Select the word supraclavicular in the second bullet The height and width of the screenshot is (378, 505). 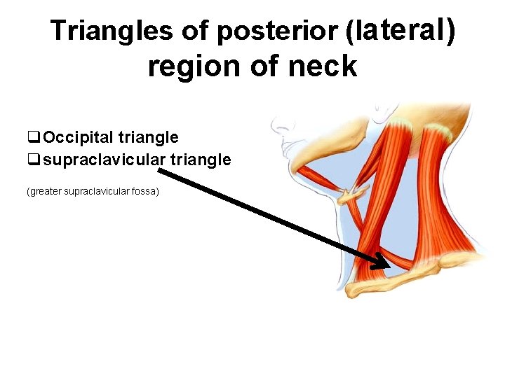pos(104,160)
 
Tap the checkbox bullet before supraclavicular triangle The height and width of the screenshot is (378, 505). pos(33,160)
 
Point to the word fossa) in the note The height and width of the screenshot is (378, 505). pos(145,190)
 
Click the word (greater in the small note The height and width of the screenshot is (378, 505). pos(44,190)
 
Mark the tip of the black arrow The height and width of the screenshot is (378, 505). pos(389,267)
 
